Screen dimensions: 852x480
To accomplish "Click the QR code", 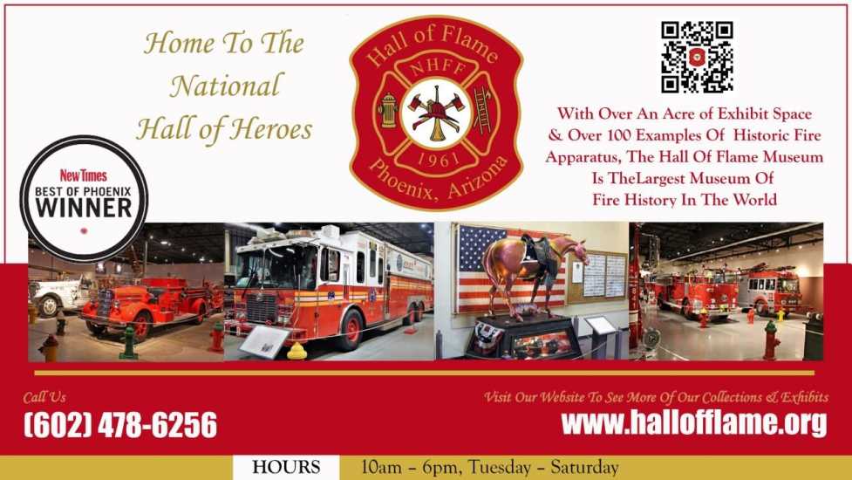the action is [x=697, y=57].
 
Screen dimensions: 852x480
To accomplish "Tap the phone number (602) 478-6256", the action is [x=120, y=424].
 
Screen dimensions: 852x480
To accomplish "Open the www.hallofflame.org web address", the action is [x=694, y=423].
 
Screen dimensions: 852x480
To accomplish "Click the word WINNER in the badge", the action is [x=84, y=207].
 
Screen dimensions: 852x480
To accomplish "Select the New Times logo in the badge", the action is [x=83, y=175].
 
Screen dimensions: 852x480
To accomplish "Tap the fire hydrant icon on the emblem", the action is [x=388, y=110].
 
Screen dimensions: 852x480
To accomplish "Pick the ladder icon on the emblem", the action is [x=482, y=109].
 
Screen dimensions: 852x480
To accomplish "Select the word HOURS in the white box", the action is [x=286, y=468].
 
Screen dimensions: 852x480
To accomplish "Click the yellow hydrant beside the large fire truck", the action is [x=296, y=351].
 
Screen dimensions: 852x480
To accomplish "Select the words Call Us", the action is [x=44, y=398].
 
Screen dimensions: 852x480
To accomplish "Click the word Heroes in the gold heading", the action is [x=270, y=130].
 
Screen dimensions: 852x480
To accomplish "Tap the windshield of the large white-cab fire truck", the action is [x=276, y=267].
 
